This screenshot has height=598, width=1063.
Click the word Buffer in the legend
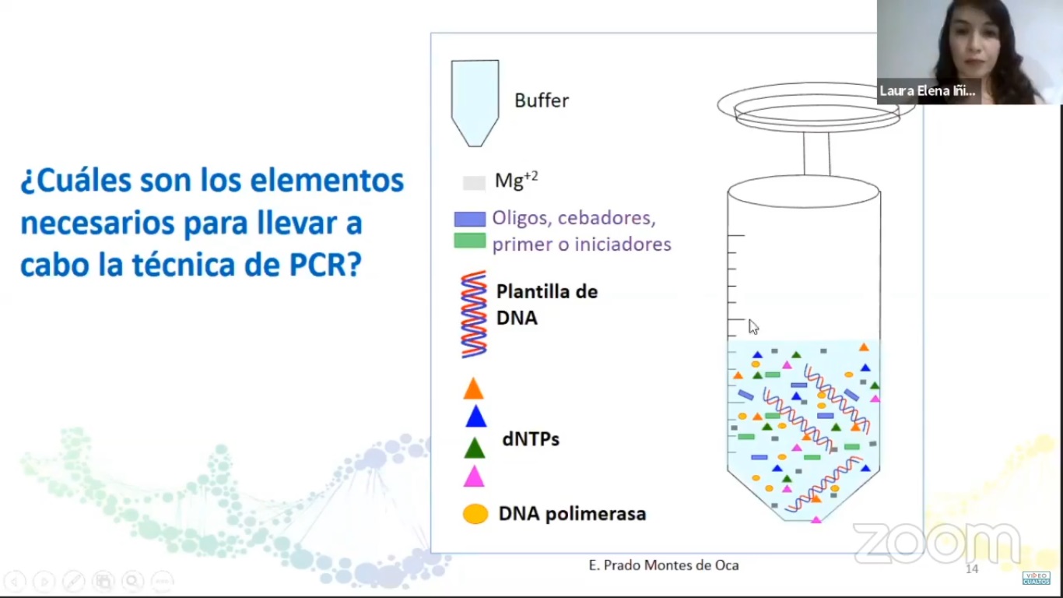[542, 100]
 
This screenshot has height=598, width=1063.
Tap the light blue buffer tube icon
[475, 103]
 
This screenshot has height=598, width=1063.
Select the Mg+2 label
[516, 181]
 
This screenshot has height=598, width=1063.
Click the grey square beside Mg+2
[474, 183]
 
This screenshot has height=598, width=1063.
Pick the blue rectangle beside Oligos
[470, 219]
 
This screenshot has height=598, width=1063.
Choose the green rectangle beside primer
[470, 241]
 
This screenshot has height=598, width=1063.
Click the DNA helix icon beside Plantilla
[474, 314]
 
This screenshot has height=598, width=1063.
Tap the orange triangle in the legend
[473, 389]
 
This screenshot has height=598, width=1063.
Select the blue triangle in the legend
[476, 417]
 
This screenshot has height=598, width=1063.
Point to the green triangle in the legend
[474, 448]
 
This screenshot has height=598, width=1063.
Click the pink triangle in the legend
[474, 477]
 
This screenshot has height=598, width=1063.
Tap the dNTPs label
[531, 439]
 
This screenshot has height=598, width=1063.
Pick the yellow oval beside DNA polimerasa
[475, 514]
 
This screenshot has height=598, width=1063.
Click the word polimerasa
[595, 514]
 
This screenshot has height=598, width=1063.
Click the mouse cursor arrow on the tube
[753, 327]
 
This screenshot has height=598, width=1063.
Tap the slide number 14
[972, 568]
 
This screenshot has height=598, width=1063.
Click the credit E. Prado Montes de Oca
[664, 565]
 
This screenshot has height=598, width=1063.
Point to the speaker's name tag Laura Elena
[927, 91]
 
